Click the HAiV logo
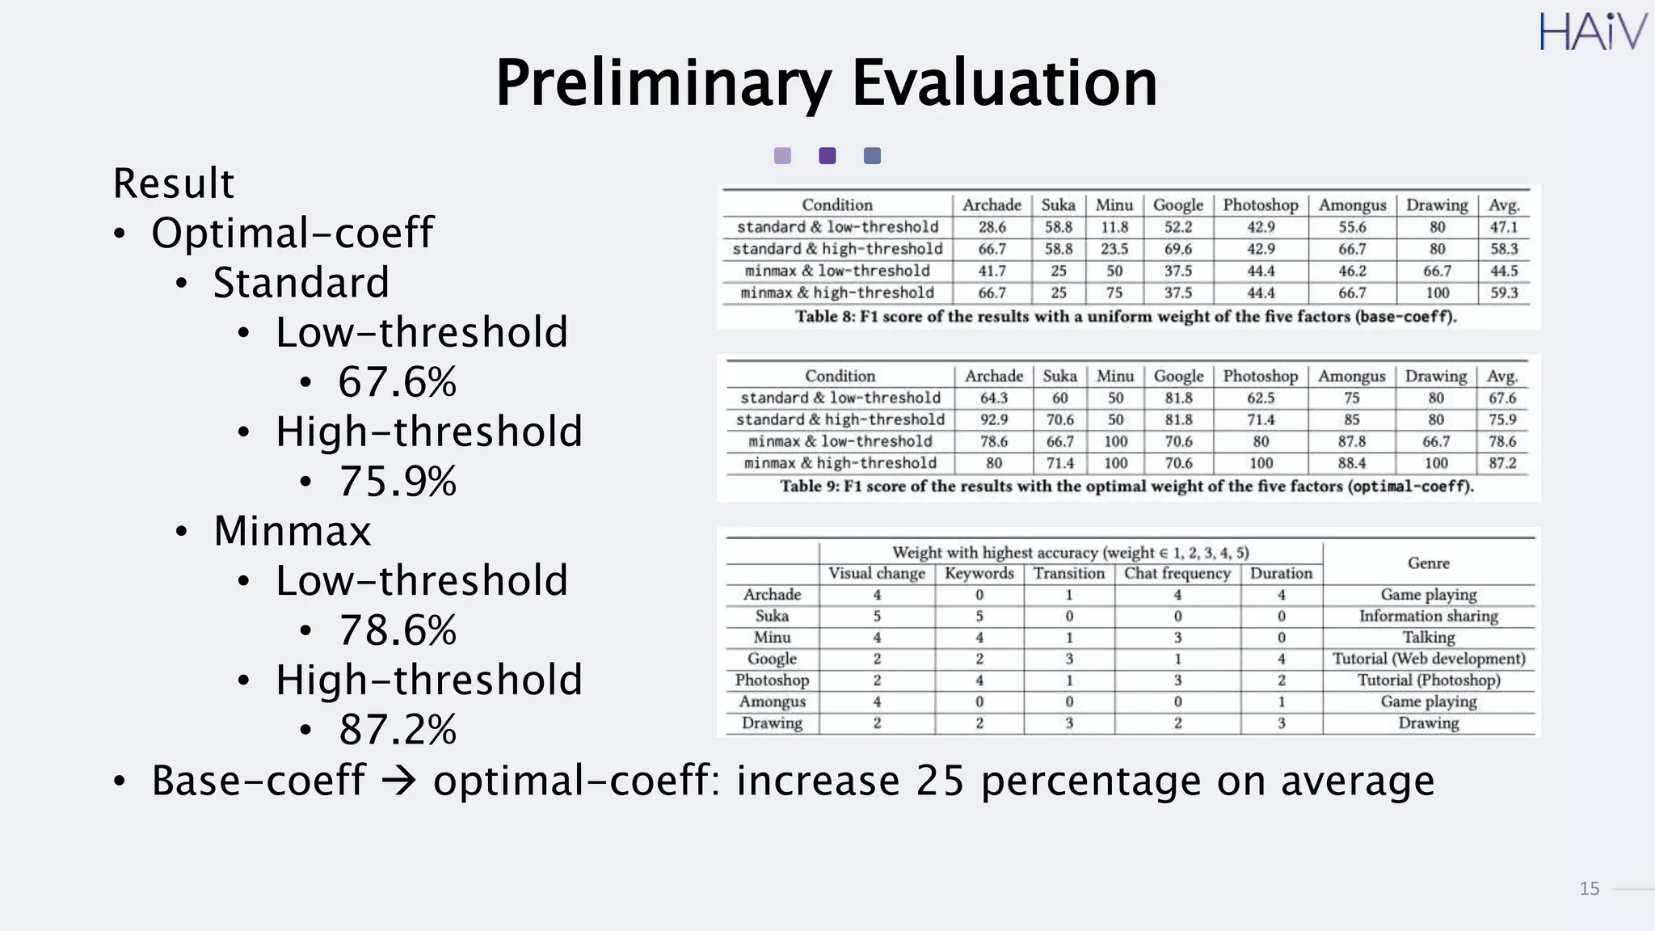click(1592, 32)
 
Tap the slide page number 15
click(1589, 888)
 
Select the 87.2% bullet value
click(398, 730)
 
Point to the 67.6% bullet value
click(398, 381)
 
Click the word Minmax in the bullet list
click(292, 531)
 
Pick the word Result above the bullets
click(173, 183)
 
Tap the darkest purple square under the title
click(827, 155)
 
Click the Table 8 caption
click(1125, 316)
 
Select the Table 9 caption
click(1126, 486)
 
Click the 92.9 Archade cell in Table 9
click(993, 419)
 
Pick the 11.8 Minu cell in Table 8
click(1114, 227)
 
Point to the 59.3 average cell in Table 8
click(1503, 293)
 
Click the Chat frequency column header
click(1177, 574)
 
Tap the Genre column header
click(1428, 563)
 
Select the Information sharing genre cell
click(1428, 616)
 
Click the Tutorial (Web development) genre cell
click(1428, 659)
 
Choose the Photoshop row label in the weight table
click(772, 680)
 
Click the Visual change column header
click(876, 574)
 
